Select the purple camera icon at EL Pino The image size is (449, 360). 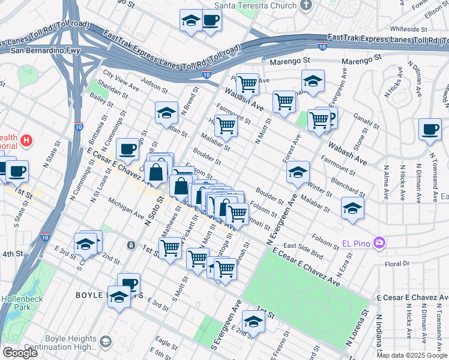379,243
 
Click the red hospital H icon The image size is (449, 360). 26,142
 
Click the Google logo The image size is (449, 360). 20,353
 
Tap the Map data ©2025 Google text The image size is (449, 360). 412,355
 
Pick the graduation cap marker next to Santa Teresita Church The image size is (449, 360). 191,20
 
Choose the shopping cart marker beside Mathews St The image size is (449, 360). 170,246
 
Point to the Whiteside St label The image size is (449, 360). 408,28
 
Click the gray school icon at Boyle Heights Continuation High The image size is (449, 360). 105,341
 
